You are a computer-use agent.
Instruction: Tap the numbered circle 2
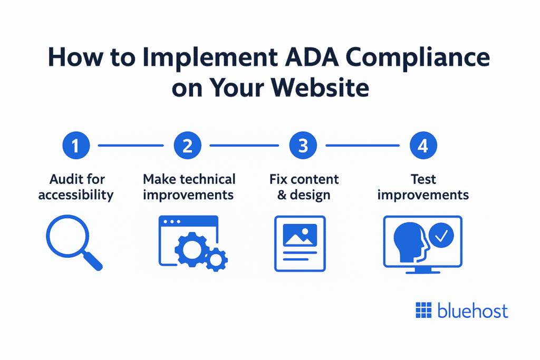pyautogui.click(x=187, y=145)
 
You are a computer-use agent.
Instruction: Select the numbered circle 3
pyautogui.click(x=303, y=145)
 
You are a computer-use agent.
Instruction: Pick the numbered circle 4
pyautogui.click(x=422, y=145)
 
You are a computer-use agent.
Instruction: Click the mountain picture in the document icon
pyautogui.click(x=300, y=235)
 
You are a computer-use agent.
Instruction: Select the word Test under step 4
pyautogui.click(x=423, y=179)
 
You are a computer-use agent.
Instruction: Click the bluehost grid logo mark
pyautogui.click(x=423, y=311)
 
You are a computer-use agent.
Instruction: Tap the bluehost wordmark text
pyautogui.click(x=472, y=311)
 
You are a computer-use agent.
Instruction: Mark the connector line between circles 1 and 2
pyautogui.click(x=131, y=145)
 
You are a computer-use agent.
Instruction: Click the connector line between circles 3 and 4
pyautogui.click(x=363, y=145)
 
